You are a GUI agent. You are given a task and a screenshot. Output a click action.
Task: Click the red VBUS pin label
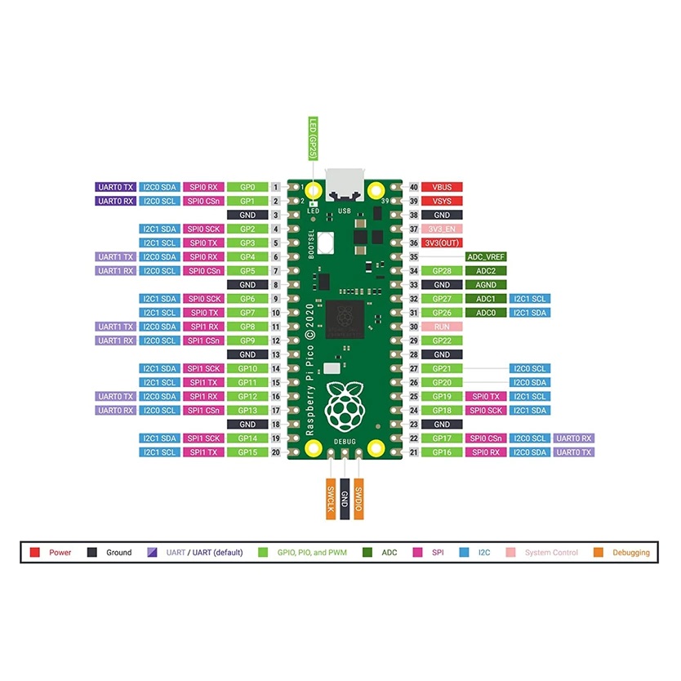[442, 187]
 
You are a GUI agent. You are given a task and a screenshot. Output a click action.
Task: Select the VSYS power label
[442, 201]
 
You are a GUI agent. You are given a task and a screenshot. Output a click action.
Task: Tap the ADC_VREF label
[486, 257]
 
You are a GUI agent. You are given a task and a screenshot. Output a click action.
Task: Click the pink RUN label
[442, 327]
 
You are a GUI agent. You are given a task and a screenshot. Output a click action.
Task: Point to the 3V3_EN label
[442, 229]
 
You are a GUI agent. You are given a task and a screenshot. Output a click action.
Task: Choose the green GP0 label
[247, 187]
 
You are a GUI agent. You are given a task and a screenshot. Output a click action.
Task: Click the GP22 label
[442, 340]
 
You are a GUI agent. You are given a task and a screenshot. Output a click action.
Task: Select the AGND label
[486, 285]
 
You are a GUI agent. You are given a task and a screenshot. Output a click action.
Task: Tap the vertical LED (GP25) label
[313, 139]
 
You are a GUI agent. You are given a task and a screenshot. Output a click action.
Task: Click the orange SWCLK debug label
[331, 499]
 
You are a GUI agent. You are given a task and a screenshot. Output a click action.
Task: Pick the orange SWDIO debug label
[358, 499]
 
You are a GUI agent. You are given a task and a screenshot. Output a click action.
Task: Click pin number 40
[413, 187]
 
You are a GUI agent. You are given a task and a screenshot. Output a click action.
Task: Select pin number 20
[276, 452]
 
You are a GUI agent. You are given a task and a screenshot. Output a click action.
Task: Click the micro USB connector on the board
[345, 185]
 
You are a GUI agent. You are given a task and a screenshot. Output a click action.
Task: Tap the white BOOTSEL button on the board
[326, 243]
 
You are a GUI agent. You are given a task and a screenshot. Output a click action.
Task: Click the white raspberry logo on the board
[345, 406]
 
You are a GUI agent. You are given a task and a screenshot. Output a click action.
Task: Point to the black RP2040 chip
[345, 319]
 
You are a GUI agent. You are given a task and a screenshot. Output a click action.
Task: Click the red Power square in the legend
[35, 553]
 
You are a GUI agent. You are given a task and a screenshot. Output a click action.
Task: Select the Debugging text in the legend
[631, 553]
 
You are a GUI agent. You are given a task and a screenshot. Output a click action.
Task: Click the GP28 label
[442, 271]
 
